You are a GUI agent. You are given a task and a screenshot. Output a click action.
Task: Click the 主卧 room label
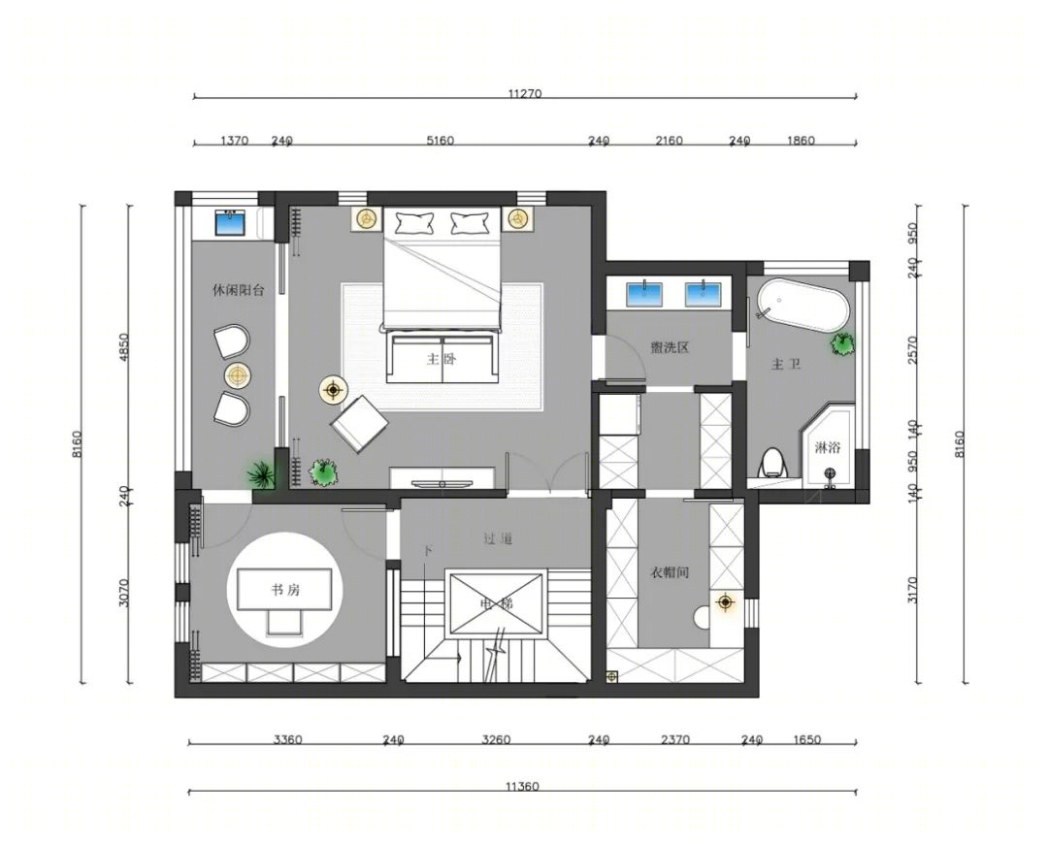point(442,360)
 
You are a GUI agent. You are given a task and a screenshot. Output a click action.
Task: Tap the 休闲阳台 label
point(239,291)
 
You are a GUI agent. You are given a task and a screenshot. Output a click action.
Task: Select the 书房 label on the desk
point(285,590)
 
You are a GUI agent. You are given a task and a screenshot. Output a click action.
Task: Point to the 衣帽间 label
point(669,572)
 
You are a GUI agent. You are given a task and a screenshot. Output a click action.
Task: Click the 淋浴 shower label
point(828,448)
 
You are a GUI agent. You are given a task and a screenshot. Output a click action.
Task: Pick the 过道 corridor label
point(497,538)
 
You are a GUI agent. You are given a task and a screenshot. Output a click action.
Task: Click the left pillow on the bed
point(414,222)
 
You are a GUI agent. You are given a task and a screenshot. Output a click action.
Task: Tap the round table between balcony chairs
point(238,376)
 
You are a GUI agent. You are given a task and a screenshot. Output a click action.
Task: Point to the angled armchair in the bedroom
point(360,424)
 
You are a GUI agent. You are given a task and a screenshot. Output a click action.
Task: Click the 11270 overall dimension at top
point(525,94)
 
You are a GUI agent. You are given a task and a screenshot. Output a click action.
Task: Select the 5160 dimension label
point(440,141)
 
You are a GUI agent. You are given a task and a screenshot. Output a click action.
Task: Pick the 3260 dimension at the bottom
point(496,740)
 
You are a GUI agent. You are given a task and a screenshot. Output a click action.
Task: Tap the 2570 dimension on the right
point(913,349)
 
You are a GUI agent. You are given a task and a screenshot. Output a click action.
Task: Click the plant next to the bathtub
point(842,343)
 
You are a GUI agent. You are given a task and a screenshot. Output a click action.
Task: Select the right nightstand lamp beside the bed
point(515,218)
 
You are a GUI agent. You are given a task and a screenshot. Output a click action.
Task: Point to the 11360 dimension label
point(522,787)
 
